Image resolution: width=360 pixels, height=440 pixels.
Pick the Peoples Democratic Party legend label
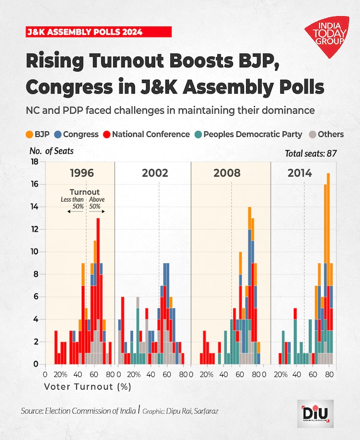point(253,134)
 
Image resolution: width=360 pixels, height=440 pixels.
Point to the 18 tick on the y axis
point(35,162)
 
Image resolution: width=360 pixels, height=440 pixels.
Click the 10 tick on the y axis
point(35,252)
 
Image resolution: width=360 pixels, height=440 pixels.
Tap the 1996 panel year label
point(82,173)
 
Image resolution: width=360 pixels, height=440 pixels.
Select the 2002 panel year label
point(155,173)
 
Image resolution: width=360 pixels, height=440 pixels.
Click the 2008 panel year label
point(227,173)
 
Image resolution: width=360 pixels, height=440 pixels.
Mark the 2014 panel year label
point(300,173)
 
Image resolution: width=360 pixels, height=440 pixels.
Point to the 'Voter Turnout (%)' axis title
point(87,385)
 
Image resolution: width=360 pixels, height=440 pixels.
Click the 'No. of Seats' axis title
point(52,151)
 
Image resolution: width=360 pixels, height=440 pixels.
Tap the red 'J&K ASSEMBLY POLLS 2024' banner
point(98,32)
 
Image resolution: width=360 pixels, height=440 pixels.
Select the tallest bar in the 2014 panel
point(328,269)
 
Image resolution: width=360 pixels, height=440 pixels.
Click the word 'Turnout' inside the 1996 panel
point(84,192)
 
